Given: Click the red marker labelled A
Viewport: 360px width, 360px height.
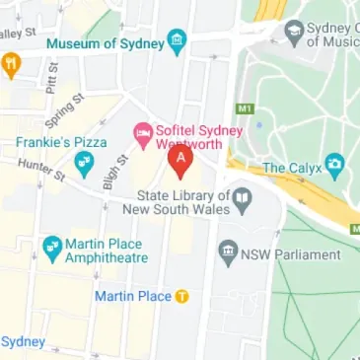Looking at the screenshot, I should [x=180, y=160].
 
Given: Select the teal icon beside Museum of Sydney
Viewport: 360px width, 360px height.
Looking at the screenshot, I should [x=177, y=41].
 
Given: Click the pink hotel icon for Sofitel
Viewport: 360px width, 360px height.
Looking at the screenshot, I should [x=141, y=129].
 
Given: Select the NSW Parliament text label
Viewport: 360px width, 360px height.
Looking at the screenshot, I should [x=292, y=254].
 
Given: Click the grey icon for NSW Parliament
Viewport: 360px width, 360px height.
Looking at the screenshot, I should [x=229, y=252].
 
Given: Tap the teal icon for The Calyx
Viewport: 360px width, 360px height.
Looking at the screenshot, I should [x=335, y=164].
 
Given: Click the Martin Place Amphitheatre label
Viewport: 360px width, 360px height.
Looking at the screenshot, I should [x=105, y=251].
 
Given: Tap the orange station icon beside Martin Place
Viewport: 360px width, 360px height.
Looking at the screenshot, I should [x=181, y=297].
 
